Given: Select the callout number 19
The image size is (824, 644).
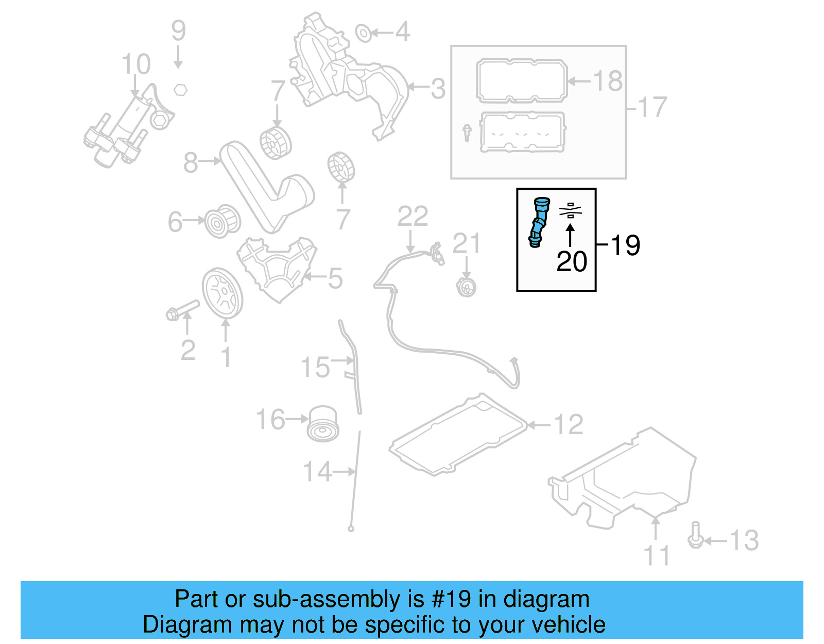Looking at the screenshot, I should click(625, 245).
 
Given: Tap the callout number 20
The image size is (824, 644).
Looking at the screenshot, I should click(571, 262).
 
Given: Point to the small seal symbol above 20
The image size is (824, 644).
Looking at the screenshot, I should click(570, 210).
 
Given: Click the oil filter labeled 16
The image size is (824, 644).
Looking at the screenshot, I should click(323, 424).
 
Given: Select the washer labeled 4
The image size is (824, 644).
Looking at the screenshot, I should click(363, 34).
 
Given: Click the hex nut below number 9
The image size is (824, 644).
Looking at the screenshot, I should click(180, 90).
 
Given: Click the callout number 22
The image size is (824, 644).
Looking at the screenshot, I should click(413, 217).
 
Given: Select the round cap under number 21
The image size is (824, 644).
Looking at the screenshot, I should click(466, 287).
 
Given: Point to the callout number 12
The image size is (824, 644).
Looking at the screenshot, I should click(568, 425).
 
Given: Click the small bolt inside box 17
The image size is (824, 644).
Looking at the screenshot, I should click(467, 133).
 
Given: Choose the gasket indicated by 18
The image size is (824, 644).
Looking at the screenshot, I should click(521, 81).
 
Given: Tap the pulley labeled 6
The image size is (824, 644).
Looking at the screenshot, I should click(222, 222).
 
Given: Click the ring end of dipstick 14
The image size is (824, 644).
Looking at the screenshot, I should click(351, 529).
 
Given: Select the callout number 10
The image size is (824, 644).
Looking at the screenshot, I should click(136, 65).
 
